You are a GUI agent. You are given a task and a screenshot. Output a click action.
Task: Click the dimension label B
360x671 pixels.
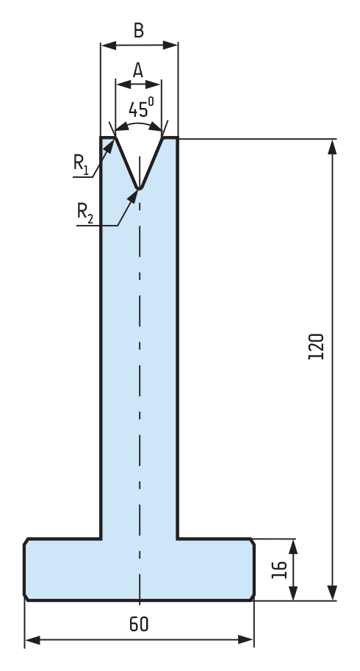pyautogui.click(x=139, y=31)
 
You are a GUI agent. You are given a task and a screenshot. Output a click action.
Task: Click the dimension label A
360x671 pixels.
pyautogui.click(x=137, y=70)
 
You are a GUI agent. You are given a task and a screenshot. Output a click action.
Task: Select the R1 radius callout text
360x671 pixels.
pyautogui.click(x=82, y=165)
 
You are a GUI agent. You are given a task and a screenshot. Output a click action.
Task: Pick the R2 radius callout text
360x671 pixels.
pyautogui.click(x=84, y=213)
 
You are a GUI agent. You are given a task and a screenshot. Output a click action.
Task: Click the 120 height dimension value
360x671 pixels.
pyautogui.click(x=316, y=346)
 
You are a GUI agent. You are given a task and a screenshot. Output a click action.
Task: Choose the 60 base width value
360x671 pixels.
pyautogui.click(x=139, y=625)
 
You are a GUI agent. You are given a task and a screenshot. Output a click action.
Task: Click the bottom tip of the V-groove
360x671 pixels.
pyautogui.click(x=139, y=188)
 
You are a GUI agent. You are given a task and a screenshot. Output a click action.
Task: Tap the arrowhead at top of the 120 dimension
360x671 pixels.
pyautogui.click(x=332, y=147)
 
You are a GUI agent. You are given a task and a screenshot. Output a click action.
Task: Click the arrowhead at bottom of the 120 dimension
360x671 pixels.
pyautogui.click(x=332, y=592)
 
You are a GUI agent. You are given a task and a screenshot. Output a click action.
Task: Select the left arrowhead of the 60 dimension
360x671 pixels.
pyautogui.click(x=32, y=640)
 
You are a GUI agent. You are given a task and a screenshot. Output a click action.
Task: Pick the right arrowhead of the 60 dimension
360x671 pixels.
pyautogui.click(x=246, y=639)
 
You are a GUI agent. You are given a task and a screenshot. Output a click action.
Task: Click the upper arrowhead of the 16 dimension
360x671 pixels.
pyautogui.click(x=293, y=547)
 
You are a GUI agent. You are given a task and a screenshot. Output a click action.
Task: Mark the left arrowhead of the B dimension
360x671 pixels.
pyautogui.click(x=109, y=46)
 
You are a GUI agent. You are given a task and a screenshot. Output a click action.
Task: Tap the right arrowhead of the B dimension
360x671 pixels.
pyautogui.click(x=170, y=46)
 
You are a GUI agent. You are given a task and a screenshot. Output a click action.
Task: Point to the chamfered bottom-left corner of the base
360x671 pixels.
pyautogui.click(x=26, y=598)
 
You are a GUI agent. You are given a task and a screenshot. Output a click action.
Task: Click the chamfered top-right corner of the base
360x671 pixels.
pyautogui.click(x=252, y=542)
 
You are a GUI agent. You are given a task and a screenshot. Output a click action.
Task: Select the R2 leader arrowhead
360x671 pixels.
pyautogui.click(x=134, y=195)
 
